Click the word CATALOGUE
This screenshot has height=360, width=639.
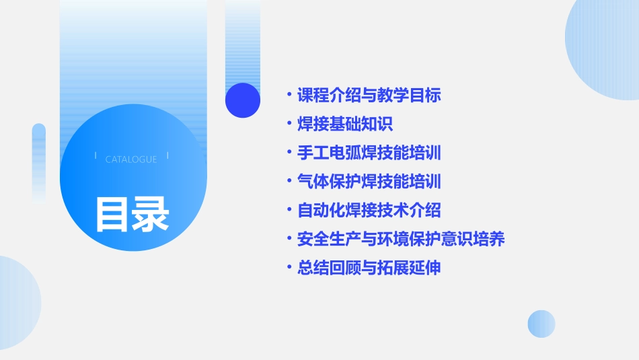click(x=131, y=159)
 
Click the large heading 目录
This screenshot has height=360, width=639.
click(x=132, y=214)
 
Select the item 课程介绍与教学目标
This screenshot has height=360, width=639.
click(x=369, y=95)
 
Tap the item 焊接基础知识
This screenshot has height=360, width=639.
click(x=345, y=124)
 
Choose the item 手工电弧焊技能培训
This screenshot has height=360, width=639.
click(x=369, y=153)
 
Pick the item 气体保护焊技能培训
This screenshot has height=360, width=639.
click(x=369, y=182)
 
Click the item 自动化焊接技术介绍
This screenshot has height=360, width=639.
click(x=369, y=210)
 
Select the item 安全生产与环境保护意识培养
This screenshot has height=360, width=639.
click(x=401, y=239)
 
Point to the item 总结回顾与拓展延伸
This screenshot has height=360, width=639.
click(x=369, y=268)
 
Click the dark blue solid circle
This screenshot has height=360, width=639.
click(x=243, y=100)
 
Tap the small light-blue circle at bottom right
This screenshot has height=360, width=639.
click(x=541, y=324)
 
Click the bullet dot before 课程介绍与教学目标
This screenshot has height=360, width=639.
click(x=289, y=95)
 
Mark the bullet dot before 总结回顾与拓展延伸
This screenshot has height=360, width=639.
click(x=289, y=268)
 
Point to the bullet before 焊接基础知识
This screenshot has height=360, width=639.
click(x=289, y=124)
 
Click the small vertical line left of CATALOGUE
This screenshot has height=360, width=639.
click(x=96, y=156)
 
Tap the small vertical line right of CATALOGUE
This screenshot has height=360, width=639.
click(x=167, y=156)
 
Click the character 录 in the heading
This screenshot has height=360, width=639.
click(x=151, y=214)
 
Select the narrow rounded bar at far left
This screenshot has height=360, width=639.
click(x=39, y=161)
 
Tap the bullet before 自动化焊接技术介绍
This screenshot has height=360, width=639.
click(x=289, y=210)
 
